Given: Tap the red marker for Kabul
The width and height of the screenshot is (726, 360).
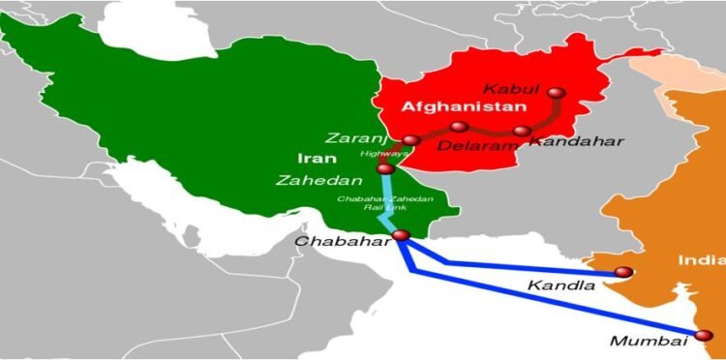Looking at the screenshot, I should coord(556,94).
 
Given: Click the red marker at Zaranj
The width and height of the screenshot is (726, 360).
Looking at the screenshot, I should coord(411,140).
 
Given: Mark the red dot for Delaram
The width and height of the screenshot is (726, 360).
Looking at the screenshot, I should coord(460,126).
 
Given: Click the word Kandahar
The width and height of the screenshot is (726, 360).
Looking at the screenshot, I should coord(576,141).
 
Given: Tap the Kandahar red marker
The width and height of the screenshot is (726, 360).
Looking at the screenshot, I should coord(523,131).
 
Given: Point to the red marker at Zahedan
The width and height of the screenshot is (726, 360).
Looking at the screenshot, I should coord(384,169).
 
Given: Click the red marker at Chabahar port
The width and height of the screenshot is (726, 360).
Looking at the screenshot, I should coord(401,235).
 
